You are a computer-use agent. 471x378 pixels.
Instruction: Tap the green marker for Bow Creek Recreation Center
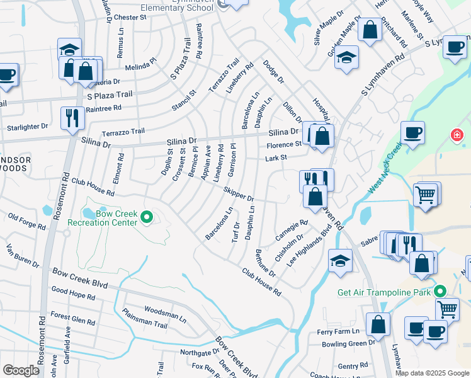pos(147,218)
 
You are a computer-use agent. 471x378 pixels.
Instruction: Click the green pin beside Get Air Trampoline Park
pos(441,292)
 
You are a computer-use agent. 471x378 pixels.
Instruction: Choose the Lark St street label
pos(276,157)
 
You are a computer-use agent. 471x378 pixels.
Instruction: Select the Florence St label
pos(282,145)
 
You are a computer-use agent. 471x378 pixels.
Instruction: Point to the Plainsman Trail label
pos(145,319)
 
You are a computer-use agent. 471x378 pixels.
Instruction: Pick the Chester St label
pos(130,18)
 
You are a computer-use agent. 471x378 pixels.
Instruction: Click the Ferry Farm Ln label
pos(338,331)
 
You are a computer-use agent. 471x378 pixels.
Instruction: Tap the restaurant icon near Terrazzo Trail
pos(72,117)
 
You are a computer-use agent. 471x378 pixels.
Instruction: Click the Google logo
pos(21,370)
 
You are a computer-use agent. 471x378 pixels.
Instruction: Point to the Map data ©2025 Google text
pos(432,373)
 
